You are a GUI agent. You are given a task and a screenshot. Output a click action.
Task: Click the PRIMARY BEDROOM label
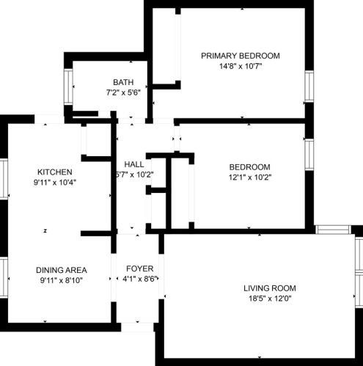[241, 56]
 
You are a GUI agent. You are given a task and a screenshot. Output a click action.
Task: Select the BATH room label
[123, 82]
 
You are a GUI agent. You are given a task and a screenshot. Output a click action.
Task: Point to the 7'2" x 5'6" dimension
[123, 93]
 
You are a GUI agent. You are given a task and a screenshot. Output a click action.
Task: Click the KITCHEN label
[50, 171]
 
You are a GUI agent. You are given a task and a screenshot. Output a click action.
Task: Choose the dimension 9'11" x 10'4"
[50, 181]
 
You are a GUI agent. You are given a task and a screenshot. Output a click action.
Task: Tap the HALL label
[134, 164]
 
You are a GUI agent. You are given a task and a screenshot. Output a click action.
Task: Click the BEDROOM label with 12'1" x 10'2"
[249, 166]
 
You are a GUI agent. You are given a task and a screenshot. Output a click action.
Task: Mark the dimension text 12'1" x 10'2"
[249, 177]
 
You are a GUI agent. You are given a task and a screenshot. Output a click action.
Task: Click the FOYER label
[139, 268]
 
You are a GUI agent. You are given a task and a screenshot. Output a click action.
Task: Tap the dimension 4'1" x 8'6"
[139, 279]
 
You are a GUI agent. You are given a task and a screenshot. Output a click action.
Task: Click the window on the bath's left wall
[68, 87]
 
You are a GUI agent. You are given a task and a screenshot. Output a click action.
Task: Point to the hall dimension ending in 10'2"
[134, 175]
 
